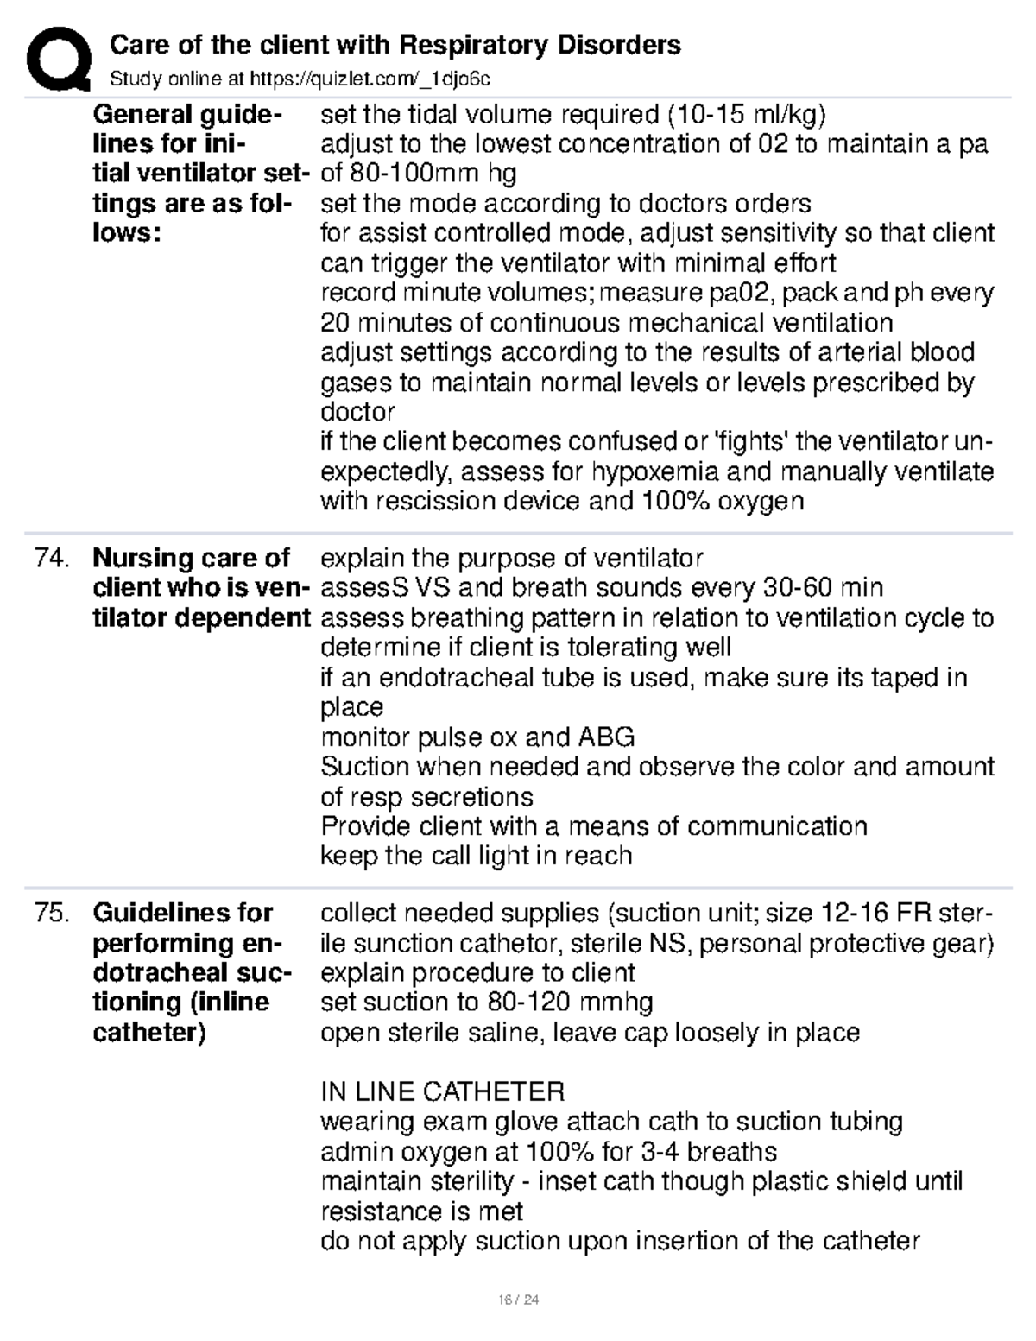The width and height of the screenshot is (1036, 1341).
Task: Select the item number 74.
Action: tap(50, 559)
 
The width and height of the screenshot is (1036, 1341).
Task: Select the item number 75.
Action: tap(50, 913)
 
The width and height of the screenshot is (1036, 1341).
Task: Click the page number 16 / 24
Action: tap(517, 1300)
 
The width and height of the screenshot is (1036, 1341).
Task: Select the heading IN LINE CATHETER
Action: tap(442, 1091)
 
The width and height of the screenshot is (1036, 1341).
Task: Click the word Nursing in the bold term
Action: tap(142, 559)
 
